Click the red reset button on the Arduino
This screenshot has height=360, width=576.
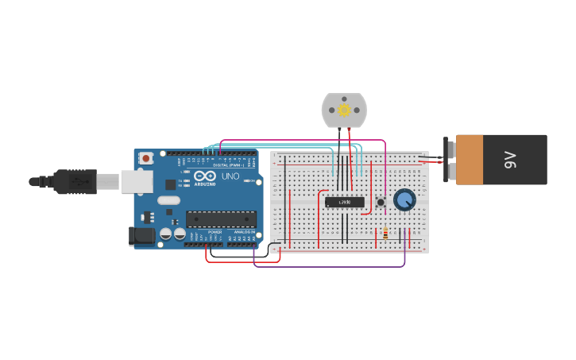coord(146,159)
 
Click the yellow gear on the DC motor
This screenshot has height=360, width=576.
coord(344,110)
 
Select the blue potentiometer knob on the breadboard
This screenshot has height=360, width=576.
coord(404,199)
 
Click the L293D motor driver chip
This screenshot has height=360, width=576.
coord(345,202)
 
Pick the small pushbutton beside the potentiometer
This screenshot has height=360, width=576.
coord(381,202)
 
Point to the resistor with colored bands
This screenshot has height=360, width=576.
coord(385,234)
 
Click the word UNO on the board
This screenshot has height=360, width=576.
coord(230,176)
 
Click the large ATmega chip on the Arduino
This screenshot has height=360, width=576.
coord(221,219)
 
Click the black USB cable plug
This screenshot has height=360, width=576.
coord(75,182)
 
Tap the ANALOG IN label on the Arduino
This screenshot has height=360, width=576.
coord(242,232)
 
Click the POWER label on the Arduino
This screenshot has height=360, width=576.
coord(215,232)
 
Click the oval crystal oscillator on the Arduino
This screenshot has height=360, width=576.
coord(168,200)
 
